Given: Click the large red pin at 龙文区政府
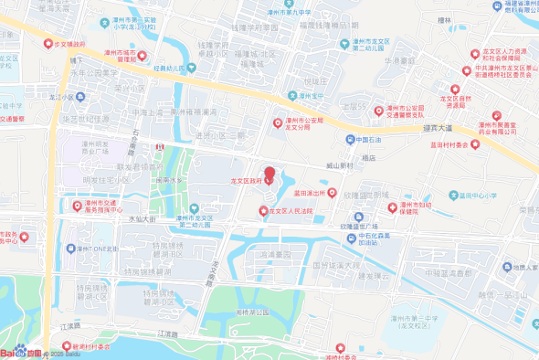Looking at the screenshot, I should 269,174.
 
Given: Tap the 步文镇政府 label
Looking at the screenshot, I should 69,43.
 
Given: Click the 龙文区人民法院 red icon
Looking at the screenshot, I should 264,212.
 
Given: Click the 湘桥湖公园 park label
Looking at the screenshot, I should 248,312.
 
